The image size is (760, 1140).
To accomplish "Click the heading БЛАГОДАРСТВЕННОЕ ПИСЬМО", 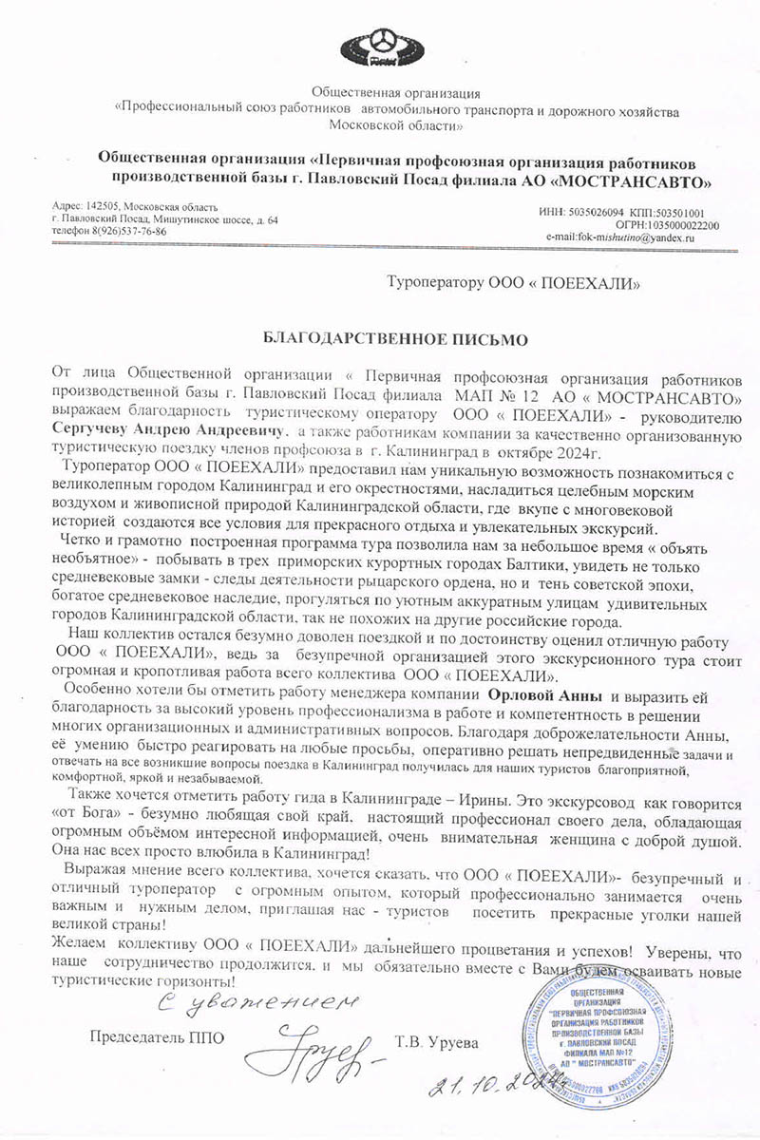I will (x=380, y=337).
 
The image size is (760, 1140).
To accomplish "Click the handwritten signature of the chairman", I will (x=308, y=1049).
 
